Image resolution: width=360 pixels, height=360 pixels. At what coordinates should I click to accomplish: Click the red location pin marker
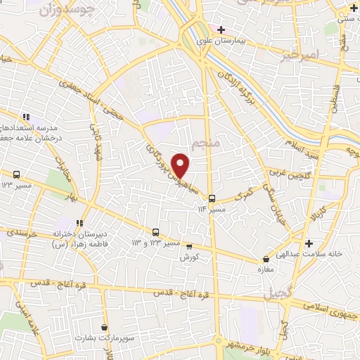pyautogui.click(x=181, y=164)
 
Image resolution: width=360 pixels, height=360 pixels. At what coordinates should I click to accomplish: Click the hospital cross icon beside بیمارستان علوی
pyautogui.click(x=221, y=30)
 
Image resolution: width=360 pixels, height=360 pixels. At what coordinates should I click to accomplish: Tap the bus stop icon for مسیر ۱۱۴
pyautogui.click(x=212, y=199)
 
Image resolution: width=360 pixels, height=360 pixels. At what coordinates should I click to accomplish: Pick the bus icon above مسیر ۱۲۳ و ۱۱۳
pyautogui.click(x=155, y=232)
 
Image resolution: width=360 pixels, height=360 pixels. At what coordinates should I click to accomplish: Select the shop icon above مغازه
pyautogui.click(x=266, y=259)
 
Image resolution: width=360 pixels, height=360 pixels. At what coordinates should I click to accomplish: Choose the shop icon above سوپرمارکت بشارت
pyautogui.click(x=105, y=327)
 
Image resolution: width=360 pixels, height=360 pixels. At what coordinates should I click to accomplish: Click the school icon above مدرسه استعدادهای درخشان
pyautogui.click(x=25, y=117)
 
